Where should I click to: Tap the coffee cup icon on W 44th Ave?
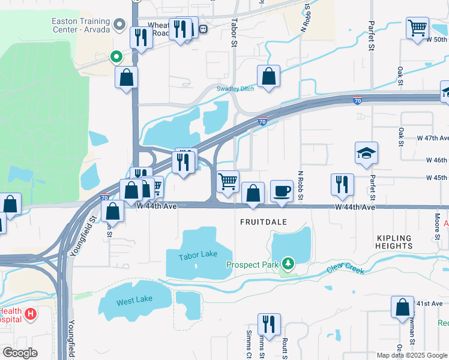click(282, 191)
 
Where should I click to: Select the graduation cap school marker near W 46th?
click(366, 153)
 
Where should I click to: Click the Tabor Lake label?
click(197, 254)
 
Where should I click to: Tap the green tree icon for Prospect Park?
click(289, 263)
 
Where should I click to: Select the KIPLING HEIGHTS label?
click(394, 242)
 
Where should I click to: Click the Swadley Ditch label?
click(235, 89)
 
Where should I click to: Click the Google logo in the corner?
click(20, 352)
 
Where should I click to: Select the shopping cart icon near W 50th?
click(417, 28)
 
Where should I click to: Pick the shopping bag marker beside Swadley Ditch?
click(269, 76)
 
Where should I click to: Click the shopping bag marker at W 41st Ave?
click(402, 307)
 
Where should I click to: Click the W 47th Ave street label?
click(432, 137)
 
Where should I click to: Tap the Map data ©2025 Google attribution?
click(412, 355)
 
